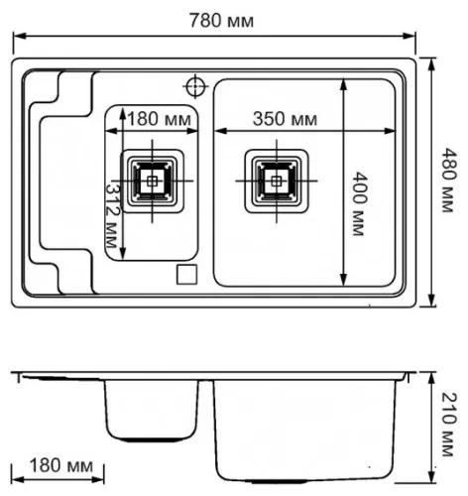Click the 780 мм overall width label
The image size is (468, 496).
click(221, 21)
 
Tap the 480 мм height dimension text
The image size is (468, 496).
click(449, 180)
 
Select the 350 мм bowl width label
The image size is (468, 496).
click(285, 119)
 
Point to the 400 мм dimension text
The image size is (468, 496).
click(359, 203)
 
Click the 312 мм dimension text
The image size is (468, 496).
click(112, 214)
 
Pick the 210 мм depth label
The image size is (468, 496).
click(449, 425)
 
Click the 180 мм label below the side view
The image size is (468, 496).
click(61, 465)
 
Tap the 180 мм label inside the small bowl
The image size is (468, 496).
click(160, 119)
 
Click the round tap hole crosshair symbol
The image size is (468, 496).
click(195, 86)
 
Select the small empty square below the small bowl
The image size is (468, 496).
click(186, 274)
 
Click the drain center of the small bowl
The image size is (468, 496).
click(152, 181)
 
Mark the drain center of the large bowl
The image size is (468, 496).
click(277, 181)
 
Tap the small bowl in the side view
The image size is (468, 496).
click(152, 411)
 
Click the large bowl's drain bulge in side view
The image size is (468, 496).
click(280, 481)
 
